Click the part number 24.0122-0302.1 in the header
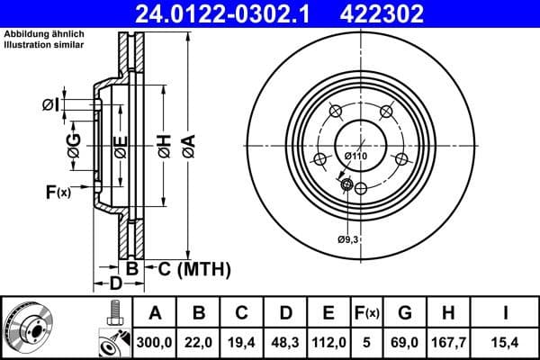[229, 13]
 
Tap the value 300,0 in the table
[155, 343]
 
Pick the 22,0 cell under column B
[198, 343]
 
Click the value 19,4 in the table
[241, 343]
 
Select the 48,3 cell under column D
[285, 343]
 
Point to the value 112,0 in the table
[328, 343]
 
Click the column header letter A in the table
[155, 313]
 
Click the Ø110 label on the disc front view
[356, 157]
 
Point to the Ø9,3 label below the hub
[348, 238]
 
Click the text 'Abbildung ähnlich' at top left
[40, 34]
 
